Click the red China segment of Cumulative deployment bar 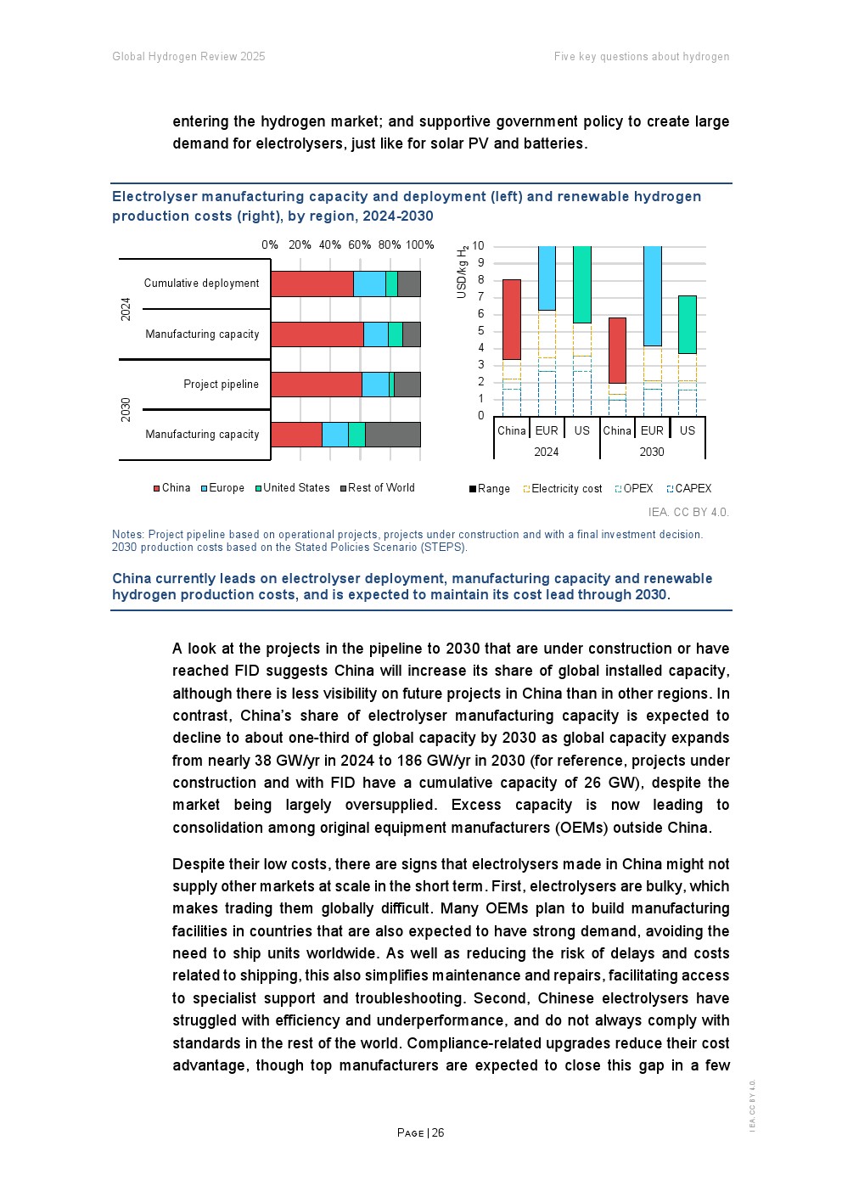click(312, 284)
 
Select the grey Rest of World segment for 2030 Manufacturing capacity click(392, 434)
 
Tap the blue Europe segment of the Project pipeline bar click(375, 385)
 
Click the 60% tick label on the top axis click(359, 245)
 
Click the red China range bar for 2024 click(512, 319)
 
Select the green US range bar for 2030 click(688, 324)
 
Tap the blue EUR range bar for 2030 click(653, 295)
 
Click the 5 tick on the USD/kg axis click(480, 331)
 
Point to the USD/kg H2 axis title click(463, 272)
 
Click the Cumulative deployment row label click(201, 284)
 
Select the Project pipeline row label click(221, 385)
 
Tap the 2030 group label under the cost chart click(652, 452)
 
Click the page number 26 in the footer click(438, 1133)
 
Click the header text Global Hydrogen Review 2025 click(188, 57)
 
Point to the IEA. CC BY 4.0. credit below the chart click(688, 513)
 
